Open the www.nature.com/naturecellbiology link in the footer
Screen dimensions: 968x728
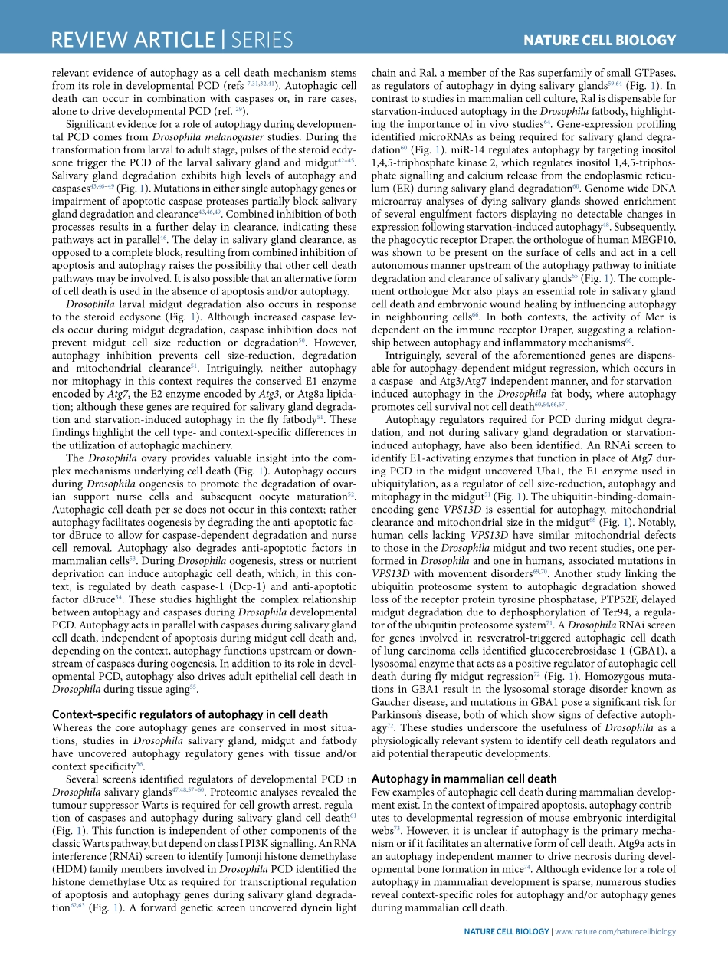tap(615, 931)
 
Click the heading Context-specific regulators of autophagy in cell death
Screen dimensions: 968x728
tap(189, 714)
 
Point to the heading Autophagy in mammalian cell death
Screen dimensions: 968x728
tap(464, 779)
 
